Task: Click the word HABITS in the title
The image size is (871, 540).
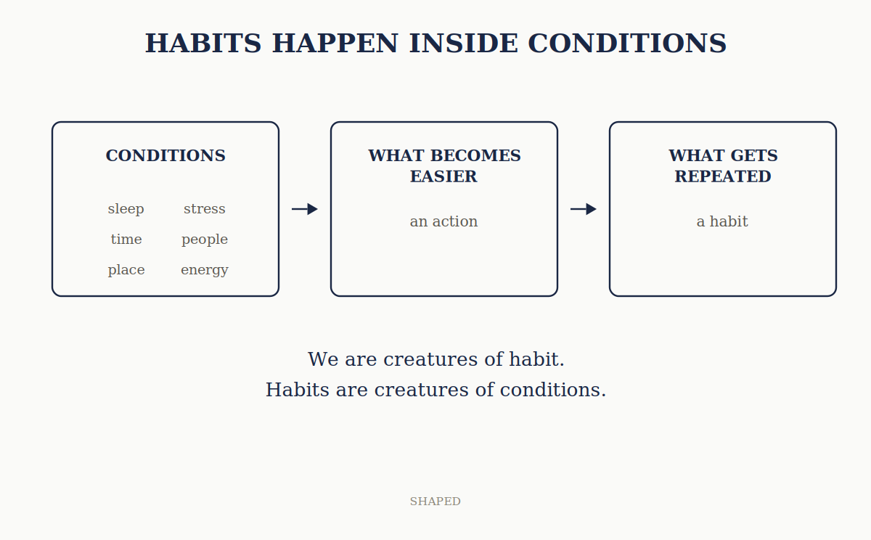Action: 203,43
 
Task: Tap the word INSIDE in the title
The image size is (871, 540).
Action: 464,43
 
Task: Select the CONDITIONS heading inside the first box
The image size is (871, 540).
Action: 165,155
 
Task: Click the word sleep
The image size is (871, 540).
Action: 126,209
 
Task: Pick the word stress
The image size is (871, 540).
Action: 205,209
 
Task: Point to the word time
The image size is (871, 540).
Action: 126,239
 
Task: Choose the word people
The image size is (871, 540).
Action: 205,240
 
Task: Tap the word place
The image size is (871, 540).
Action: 126,270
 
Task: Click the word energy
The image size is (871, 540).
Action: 205,270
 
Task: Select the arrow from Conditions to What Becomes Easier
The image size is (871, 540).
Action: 305,209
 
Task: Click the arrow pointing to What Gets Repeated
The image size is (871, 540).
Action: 584,209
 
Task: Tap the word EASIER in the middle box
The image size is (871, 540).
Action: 443,176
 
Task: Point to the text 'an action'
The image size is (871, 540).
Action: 443,221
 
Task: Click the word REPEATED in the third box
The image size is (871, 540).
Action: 723,176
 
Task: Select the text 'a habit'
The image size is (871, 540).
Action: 722,221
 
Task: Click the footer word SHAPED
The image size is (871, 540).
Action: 435,502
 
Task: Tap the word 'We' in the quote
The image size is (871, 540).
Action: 323,359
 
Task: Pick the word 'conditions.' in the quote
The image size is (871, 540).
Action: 553,390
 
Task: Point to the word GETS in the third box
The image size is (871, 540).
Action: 754,155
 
